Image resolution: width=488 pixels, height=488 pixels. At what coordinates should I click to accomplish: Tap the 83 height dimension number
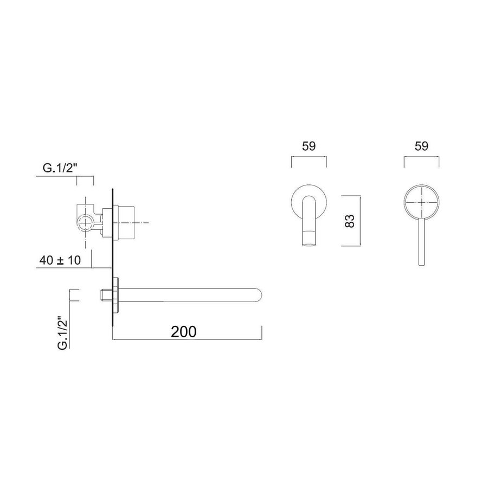[350, 221]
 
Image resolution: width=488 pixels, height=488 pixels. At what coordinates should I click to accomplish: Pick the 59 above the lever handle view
[421, 146]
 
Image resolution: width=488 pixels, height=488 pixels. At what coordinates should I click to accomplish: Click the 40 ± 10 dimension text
[60, 260]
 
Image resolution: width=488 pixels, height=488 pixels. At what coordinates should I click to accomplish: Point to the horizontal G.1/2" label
[61, 169]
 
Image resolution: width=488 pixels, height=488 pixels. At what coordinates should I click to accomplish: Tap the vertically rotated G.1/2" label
[62, 330]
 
